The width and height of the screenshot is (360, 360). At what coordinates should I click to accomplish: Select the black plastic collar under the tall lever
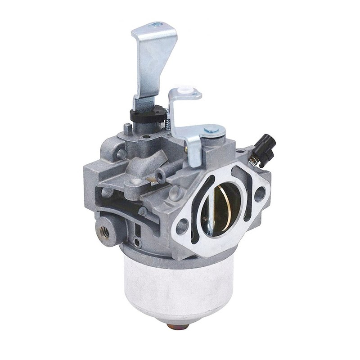(x=146, y=115)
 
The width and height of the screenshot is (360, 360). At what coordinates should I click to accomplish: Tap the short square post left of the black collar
(x=128, y=129)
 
